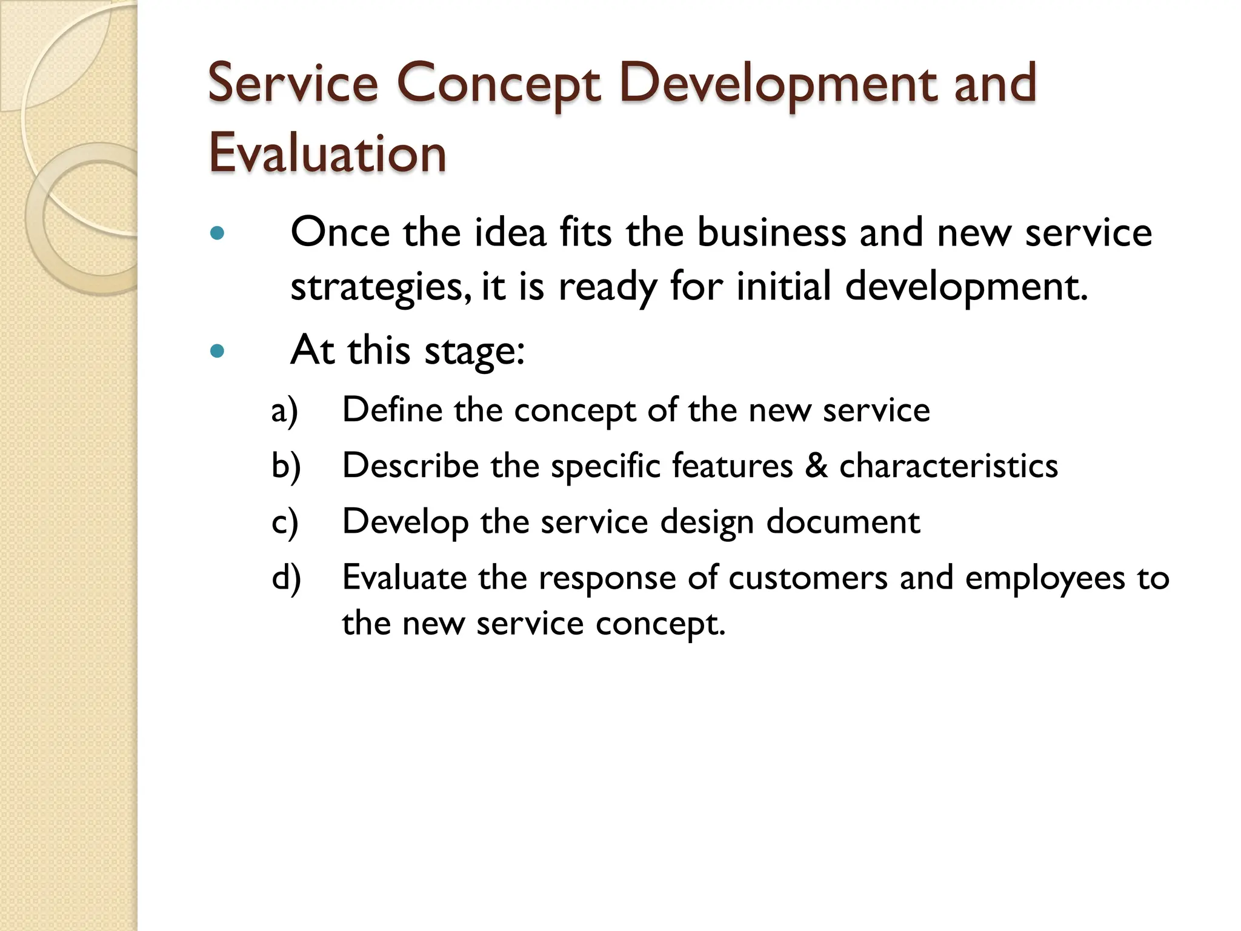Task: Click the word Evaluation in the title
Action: click(327, 153)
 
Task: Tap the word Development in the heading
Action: click(776, 84)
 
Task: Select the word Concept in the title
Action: click(498, 84)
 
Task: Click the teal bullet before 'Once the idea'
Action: click(217, 233)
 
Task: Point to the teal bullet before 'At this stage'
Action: click(217, 351)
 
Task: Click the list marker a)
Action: click(285, 410)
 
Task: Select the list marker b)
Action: click(286, 466)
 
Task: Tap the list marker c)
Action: click(285, 522)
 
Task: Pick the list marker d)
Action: click(286, 578)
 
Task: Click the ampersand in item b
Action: click(816, 466)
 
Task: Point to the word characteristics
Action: click(948, 466)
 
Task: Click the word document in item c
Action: click(843, 522)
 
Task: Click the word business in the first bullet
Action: click(771, 233)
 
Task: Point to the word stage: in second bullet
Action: click(474, 351)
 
